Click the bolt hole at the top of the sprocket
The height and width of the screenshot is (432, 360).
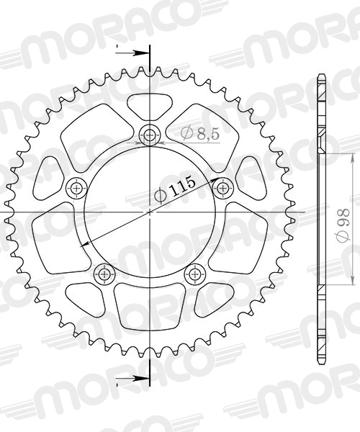[150, 134]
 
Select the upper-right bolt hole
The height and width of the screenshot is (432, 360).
[223, 187]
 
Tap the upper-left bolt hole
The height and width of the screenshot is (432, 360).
[76, 189]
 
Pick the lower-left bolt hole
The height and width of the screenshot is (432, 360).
[104, 274]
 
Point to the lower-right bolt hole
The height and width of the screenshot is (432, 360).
[194, 274]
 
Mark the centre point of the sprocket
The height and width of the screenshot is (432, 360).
[150, 212]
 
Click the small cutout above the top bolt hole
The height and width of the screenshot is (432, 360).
[150, 108]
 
